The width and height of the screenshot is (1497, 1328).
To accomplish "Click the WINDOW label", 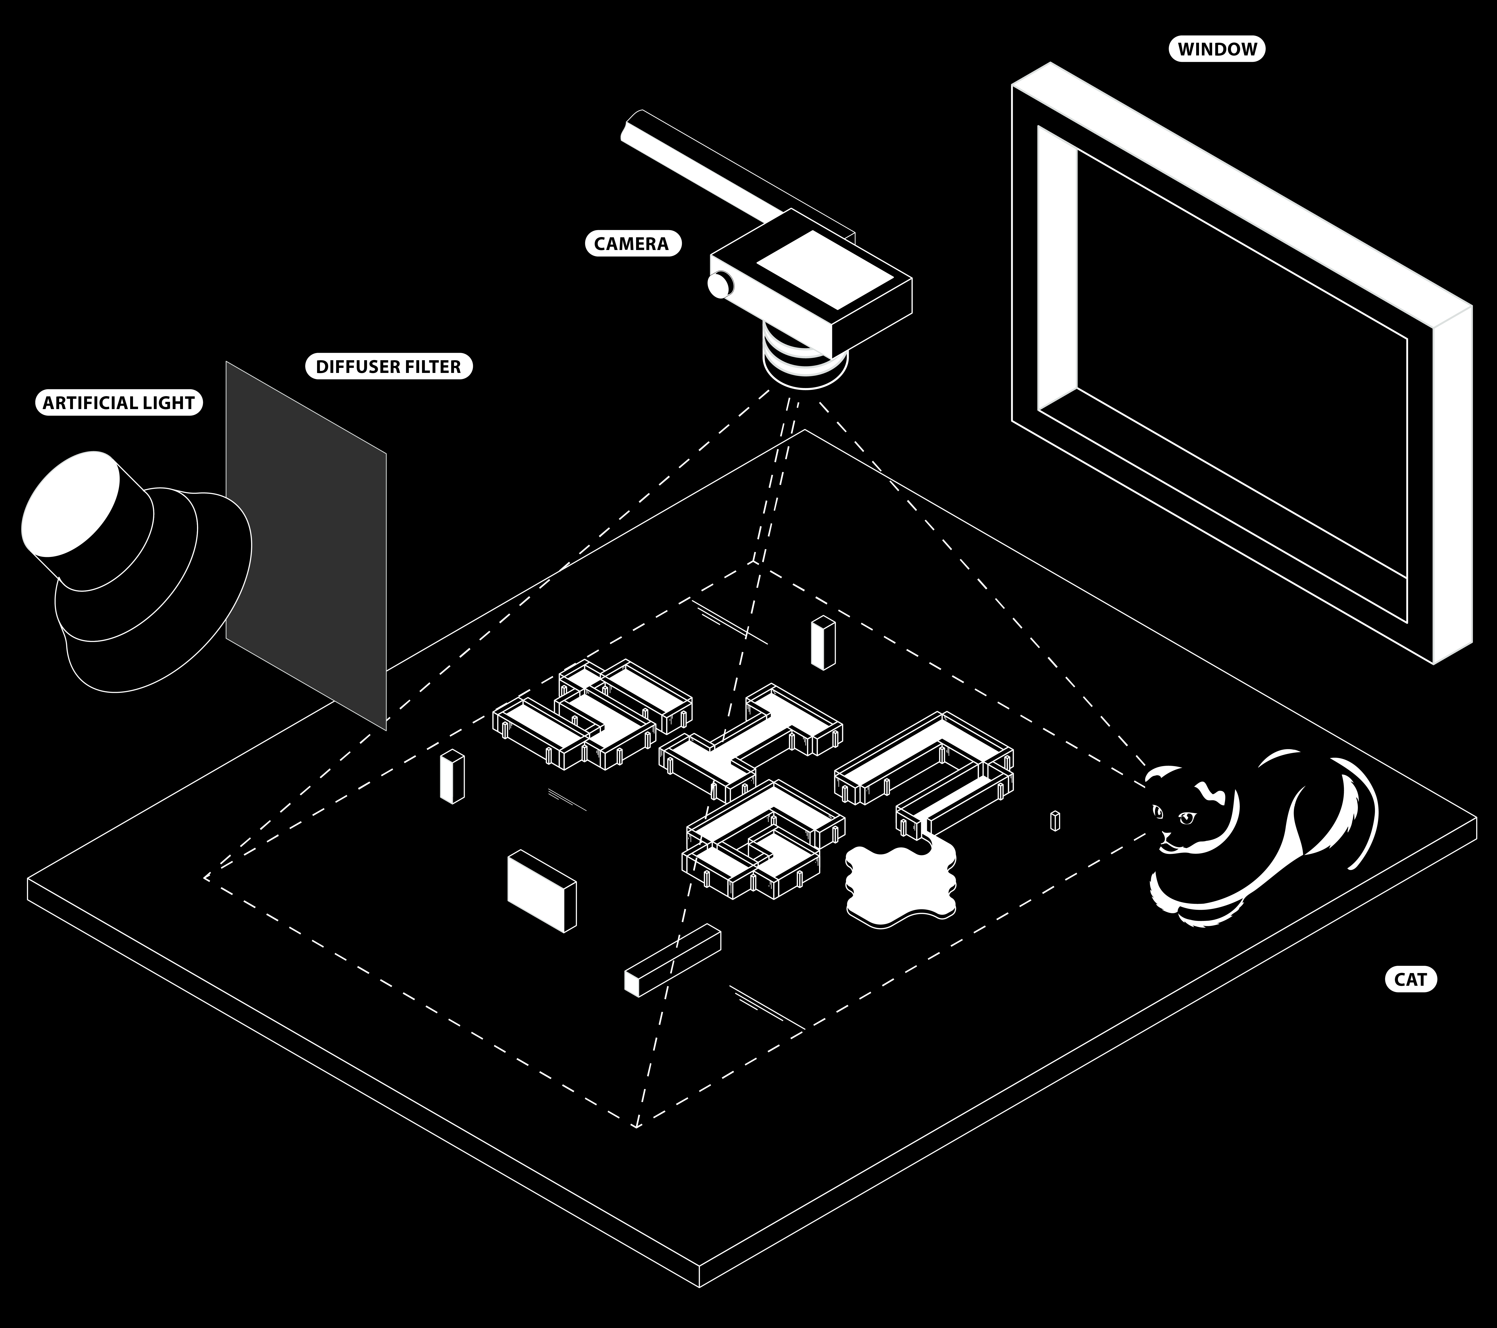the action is (1217, 49).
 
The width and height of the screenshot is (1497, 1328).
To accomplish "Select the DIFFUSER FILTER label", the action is (388, 366).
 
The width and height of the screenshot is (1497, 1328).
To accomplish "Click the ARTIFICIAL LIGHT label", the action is (119, 403).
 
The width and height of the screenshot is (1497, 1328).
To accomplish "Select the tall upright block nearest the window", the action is (823, 642).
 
